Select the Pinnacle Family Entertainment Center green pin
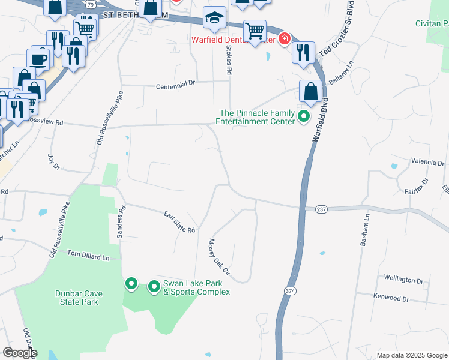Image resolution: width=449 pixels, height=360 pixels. (x=304, y=116)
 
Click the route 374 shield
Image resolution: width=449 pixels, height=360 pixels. (x=291, y=291)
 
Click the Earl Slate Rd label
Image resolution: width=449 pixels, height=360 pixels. (x=180, y=222)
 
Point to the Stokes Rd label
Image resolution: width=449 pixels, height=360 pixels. (x=229, y=61)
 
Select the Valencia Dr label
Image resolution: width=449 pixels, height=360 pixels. (x=427, y=163)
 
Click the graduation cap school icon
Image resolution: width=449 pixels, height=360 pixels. (x=214, y=19)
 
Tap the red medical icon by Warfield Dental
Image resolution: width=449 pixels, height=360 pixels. (x=283, y=40)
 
